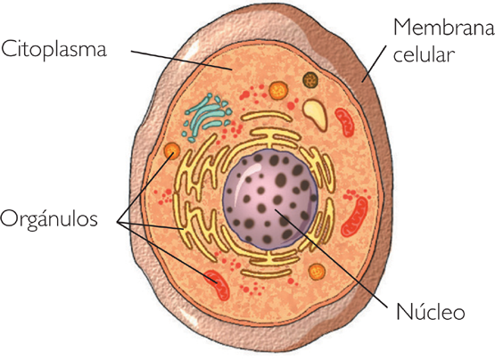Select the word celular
pyautogui.click(x=425, y=55)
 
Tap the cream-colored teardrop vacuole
pyautogui.click(x=315, y=110)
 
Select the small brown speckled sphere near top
pyautogui.click(x=309, y=80)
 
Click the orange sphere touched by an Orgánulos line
pyautogui.click(x=169, y=151)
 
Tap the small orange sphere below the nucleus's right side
pyautogui.click(x=315, y=271)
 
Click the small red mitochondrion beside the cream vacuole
pyautogui.click(x=344, y=119)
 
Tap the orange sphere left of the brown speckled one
pyautogui.click(x=278, y=89)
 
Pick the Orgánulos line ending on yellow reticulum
pyautogui.click(x=161, y=225)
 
